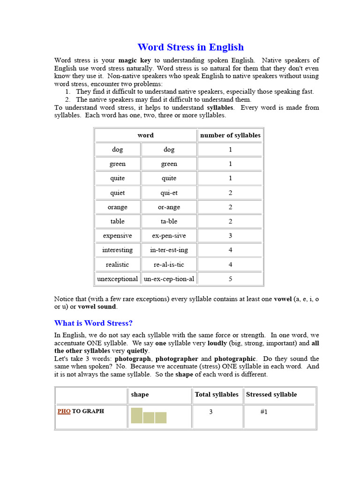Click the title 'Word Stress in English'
(190, 47)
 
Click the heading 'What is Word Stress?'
(93, 323)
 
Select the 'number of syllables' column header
(230, 135)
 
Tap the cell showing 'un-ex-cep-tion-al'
(169, 279)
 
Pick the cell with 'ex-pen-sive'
(169, 236)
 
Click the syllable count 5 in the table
(230, 279)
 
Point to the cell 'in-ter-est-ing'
(169, 250)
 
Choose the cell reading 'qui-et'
(169, 193)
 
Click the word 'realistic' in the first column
(117, 264)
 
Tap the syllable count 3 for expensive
(230, 236)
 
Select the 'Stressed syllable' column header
(271, 395)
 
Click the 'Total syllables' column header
(217, 395)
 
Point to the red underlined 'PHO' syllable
(64, 411)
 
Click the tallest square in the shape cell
(136, 415)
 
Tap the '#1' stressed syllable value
(264, 412)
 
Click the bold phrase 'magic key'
(135, 60)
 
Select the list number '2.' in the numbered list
(67, 99)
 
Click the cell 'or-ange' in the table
(169, 207)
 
